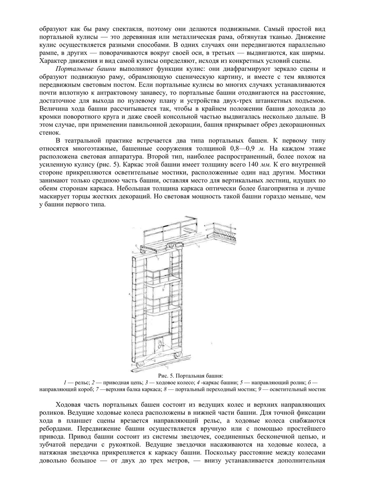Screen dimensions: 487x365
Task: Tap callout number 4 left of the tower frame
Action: coord(130,293)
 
